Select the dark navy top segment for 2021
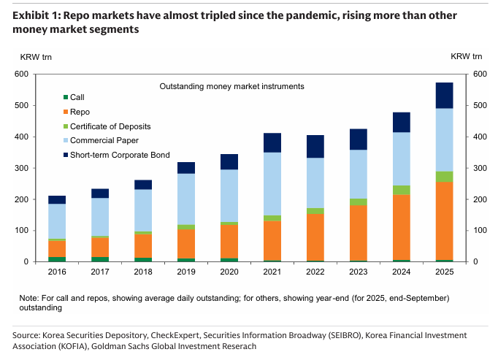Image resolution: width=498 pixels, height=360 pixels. (x=272, y=142)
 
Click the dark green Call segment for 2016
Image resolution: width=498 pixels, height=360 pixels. (x=57, y=258)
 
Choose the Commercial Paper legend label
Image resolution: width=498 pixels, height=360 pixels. (x=104, y=140)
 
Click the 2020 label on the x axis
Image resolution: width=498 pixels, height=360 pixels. (x=229, y=273)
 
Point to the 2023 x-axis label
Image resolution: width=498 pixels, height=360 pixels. (x=358, y=273)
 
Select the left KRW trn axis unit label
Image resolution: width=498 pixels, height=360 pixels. (x=34, y=56)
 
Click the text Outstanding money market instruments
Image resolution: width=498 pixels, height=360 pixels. (x=231, y=86)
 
